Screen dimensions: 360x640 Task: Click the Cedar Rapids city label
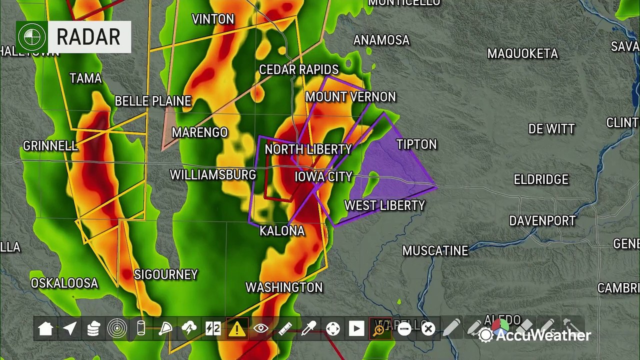point(298,70)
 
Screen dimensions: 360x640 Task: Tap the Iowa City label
point(323,177)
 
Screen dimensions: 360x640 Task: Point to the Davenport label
point(542,221)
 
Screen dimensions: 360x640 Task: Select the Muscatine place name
point(435,251)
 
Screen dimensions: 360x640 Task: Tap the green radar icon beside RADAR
point(31,37)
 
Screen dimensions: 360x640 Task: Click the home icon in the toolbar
point(45,328)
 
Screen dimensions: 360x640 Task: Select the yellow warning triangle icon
point(236,328)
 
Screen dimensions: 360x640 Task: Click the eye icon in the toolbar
point(260,328)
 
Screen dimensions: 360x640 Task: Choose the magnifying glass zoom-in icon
point(379,328)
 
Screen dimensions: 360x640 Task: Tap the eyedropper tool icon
point(308,328)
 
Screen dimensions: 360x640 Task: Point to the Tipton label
point(416,145)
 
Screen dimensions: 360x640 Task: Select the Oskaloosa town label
point(64,283)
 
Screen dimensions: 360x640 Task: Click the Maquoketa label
point(522,54)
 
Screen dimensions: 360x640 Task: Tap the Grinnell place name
point(50,146)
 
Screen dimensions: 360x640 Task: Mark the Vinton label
point(213,19)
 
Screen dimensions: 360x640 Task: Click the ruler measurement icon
point(284,328)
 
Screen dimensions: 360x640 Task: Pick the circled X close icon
point(428,328)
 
